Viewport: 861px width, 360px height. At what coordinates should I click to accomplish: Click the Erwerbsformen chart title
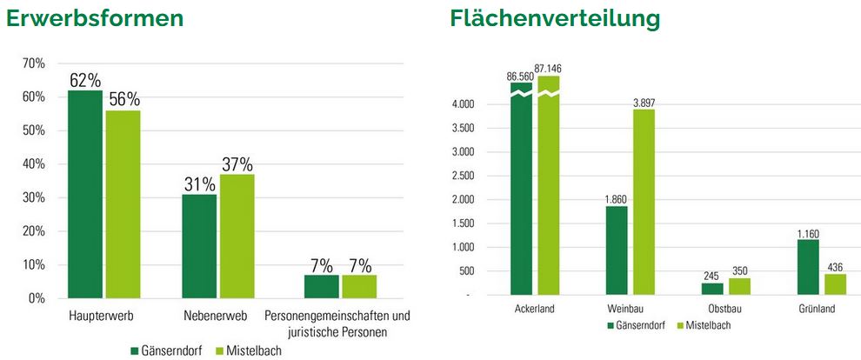(x=95, y=18)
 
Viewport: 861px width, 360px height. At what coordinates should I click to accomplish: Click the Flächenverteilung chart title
(x=555, y=18)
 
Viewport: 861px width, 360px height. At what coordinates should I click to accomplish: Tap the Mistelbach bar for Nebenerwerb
(x=237, y=236)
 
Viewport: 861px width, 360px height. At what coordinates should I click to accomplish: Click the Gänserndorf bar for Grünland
(x=808, y=267)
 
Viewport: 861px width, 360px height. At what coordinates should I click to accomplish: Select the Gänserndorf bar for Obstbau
(x=712, y=289)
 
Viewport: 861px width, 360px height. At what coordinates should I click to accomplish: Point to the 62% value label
(x=85, y=80)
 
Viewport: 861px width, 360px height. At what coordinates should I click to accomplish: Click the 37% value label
(x=237, y=164)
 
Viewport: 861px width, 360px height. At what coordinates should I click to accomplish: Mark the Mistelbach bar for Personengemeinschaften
(x=358, y=286)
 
